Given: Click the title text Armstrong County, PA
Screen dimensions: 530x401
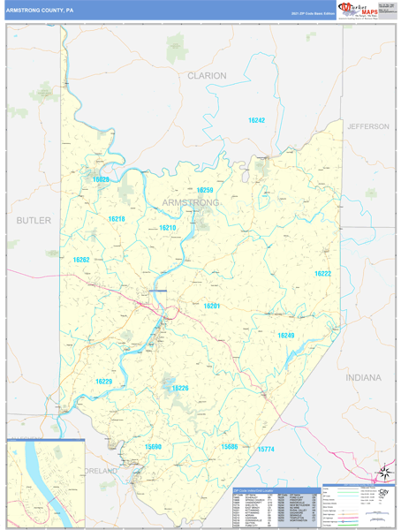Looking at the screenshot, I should (x=41, y=11).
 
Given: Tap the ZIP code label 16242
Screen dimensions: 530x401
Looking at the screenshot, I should (x=256, y=120).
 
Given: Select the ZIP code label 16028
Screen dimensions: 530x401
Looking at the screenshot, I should (x=102, y=179).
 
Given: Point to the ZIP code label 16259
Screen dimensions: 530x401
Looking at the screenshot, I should (x=205, y=190).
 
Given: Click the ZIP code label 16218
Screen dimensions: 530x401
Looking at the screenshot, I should (x=117, y=218).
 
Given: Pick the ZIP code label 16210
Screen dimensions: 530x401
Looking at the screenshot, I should (x=168, y=228).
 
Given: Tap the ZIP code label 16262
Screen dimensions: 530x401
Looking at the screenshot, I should (x=81, y=260).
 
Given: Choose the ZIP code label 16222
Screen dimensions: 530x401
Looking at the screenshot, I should (x=322, y=274).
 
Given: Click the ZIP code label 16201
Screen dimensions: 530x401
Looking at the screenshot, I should (x=212, y=306).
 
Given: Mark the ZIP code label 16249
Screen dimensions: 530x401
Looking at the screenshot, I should (x=285, y=335).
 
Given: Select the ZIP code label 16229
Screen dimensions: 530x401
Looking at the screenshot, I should (x=103, y=381).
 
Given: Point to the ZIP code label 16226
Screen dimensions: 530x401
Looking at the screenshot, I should (x=180, y=388).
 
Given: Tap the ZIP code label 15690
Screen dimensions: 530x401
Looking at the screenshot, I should (x=154, y=447).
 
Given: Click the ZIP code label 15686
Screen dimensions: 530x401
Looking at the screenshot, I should (x=230, y=447).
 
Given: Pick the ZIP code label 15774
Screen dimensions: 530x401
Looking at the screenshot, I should (x=266, y=450).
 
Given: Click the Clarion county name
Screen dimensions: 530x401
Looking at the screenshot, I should (x=207, y=76).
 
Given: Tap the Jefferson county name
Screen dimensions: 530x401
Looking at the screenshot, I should (x=367, y=126).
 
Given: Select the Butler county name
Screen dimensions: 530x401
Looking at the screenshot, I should (x=34, y=219).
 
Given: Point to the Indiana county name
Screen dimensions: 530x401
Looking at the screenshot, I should (x=364, y=377).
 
